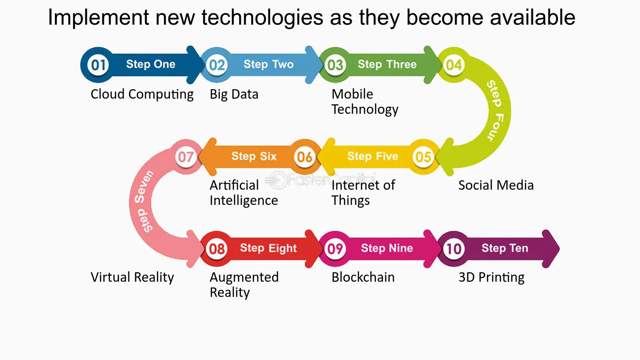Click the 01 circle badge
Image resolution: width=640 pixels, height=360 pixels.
[x=98, y=65]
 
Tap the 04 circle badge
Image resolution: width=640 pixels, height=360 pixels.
[x=454, y=65]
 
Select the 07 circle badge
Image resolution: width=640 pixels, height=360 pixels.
[x=186, y=157]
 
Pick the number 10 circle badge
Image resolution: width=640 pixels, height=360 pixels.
[x=454, y=249]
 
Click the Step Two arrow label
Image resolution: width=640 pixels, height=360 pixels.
[x=269, y=65]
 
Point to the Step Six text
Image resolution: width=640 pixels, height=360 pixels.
[x=254, y=157]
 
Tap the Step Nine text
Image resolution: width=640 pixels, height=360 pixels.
[x=387, y=248]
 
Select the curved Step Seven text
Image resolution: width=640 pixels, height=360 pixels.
[x=145, y=201]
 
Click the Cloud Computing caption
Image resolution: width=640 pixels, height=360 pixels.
[x=142, y=94]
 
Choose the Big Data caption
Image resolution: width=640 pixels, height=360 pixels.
[x=234, y=94]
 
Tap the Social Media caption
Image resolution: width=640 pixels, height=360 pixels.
[x=496, y=185]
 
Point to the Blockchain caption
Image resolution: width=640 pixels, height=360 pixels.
[x=363, y=277]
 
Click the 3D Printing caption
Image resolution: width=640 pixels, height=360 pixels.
[x=492, y=277]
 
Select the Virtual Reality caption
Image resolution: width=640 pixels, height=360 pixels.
[x=132, y=277]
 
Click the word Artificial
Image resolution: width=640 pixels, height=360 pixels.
[x=234, y=185]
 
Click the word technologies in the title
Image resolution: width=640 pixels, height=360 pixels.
[x=262, y=18]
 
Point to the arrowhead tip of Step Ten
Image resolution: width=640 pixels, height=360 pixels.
[x=559, y=249]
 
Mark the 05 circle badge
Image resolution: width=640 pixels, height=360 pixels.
[x=423, y=157]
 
